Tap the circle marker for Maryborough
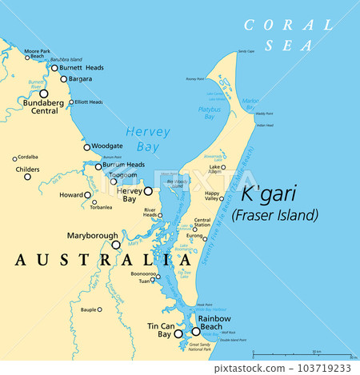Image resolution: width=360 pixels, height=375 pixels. click(x=116, y=245)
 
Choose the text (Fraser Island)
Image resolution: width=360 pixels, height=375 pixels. click(x=274, y=214)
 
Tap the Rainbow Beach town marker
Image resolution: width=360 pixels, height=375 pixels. click(x=196, y=331)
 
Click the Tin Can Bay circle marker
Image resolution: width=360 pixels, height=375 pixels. click(x=179, y=334)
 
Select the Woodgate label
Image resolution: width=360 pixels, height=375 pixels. click(x=106, y=146)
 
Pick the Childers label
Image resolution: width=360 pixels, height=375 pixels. click(x=27, y=170)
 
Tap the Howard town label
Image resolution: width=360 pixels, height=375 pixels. click(x=71, y=194)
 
